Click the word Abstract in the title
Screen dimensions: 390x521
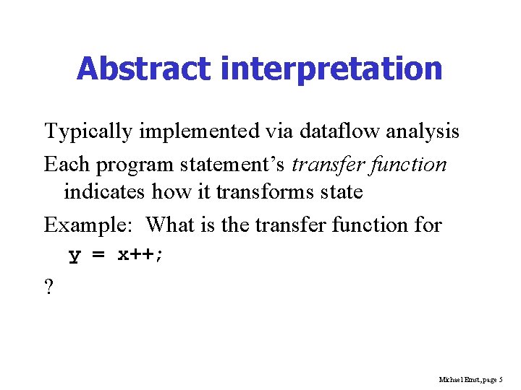coord(144,69)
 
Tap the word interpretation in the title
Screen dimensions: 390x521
coord(331,69)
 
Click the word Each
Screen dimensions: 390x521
coord(67,165)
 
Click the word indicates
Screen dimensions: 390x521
coord(105,192)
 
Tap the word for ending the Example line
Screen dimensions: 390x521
coord(428,225)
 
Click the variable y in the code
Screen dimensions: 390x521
coord(75,256)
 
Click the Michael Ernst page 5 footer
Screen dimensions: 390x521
coord(471,379)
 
